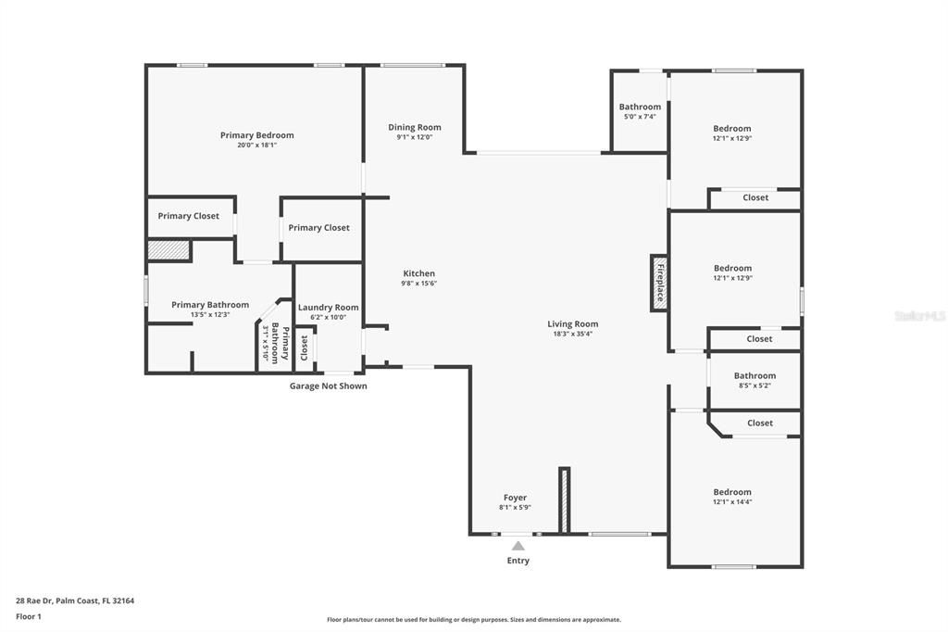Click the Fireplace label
coord(660,284)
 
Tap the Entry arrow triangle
coord(518,547)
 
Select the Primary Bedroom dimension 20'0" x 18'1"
coord(256,145)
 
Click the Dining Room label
coord(414,127)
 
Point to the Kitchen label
coord(418,273)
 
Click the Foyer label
coord(515,498)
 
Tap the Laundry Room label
coord(328,308)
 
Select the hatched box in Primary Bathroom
coord(168,251)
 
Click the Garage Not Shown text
coord(328,386)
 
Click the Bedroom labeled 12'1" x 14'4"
coord(731,492)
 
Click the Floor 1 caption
coord(30,616)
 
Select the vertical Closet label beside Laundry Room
coord(304,348)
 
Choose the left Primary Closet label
coord(188,216)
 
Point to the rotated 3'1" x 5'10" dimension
coord(265,343)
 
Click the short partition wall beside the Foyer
coord(563,500)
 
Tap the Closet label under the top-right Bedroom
coord(755,197)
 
